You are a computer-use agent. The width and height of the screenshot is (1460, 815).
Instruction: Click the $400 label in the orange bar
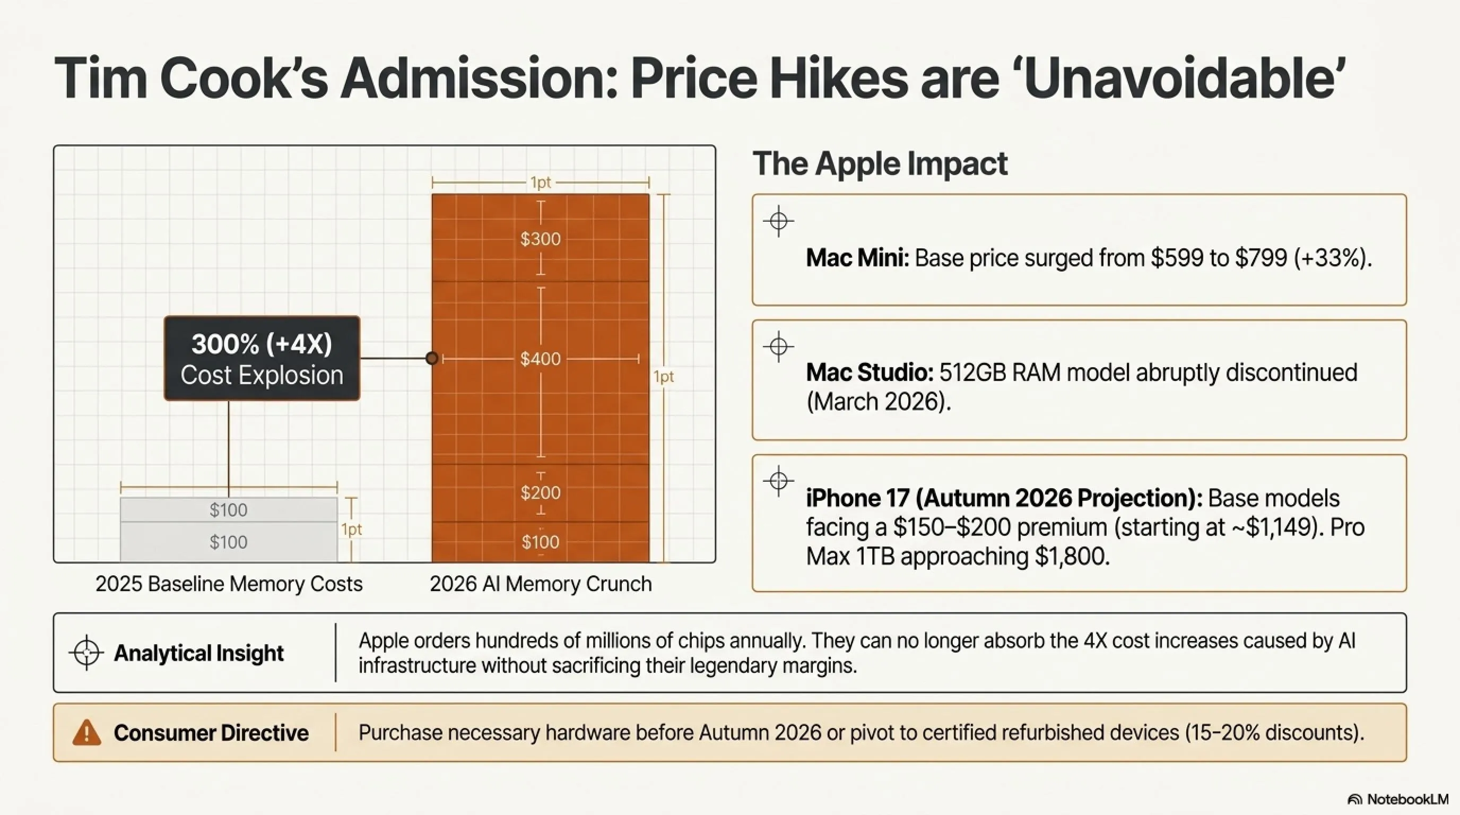pyautogui.click(x=540, y=359)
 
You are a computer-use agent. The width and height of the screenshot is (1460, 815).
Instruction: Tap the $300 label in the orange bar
pyautogui.click(x=540, y=239)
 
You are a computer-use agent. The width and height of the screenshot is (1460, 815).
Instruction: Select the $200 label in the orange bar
pyautogui.click(x=540, y=492)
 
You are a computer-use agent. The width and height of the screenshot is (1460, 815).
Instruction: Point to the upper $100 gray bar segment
pyautogui.click(x=229, y=509)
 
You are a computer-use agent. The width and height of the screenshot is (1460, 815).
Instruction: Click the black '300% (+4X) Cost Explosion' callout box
pyautogui.click(x=262, y=358)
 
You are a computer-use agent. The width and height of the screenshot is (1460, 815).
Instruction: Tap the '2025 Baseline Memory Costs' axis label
pyautogui.click(x=229, y=584)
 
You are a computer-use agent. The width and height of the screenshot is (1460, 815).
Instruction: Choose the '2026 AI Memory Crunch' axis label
pyautogui.click(x=541, y=584)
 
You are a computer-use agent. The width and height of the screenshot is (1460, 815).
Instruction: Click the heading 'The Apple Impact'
pyautogui.click(x=880, y=164)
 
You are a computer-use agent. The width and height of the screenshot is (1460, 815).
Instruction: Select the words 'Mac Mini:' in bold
pyautogui.click(x=857, y=258)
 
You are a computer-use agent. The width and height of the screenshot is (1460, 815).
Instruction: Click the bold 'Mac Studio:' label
pyautogui.click(x=870, y=372)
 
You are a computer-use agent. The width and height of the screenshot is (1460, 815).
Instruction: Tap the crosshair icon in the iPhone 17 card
pyautogui.click(x=779, y=481)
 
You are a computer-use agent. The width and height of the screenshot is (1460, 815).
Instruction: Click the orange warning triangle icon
pyautogui.click(x=86, y=732)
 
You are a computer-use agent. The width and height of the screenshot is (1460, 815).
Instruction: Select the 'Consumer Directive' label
pyautogui.click(x=211, y=733)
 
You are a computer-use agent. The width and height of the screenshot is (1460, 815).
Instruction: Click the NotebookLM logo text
pyautogui.click(x=1407, y=799)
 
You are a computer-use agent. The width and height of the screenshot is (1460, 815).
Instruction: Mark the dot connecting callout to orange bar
pyautogui.click(x=432, y=358)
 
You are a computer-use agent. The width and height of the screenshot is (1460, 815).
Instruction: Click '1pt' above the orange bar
pyautogui.click(x=540, y=183)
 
